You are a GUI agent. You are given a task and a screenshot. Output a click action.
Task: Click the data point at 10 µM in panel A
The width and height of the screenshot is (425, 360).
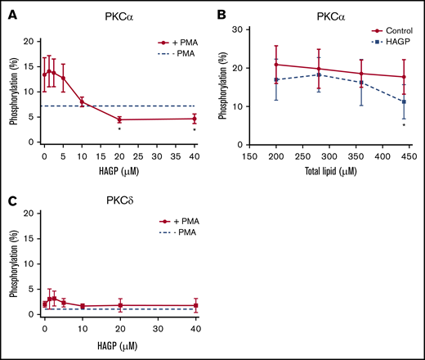tap(82, 101)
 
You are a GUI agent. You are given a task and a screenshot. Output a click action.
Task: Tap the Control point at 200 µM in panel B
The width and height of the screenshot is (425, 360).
tap(255, 65)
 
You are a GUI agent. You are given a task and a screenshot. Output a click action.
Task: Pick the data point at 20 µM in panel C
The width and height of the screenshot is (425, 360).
tap(119, 305)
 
